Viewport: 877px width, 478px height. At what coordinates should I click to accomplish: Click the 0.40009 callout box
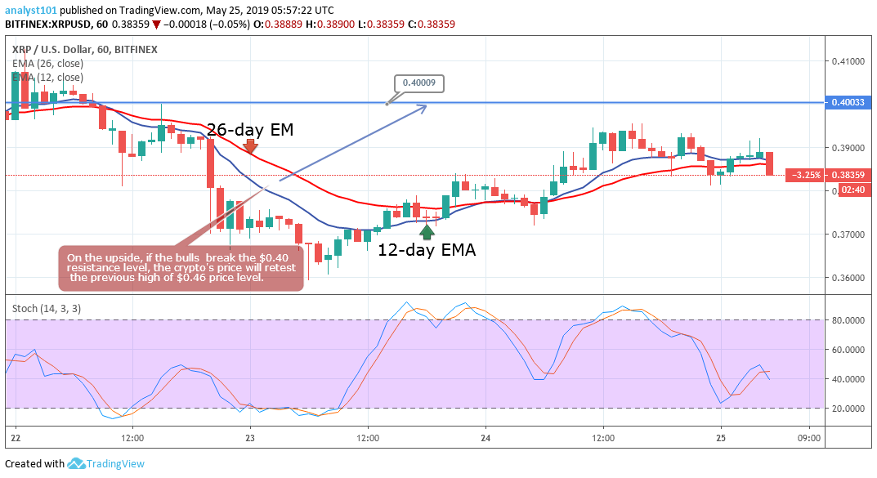point(418,82)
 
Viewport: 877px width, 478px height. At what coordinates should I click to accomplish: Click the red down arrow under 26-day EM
point(250,147)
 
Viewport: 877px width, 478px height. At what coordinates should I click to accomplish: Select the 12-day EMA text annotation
point(426,250)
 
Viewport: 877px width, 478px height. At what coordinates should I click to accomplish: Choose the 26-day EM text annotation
point(249,129)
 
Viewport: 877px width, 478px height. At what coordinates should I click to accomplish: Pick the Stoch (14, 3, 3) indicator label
point(47,308)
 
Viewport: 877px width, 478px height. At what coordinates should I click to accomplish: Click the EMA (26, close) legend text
point(49,64)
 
